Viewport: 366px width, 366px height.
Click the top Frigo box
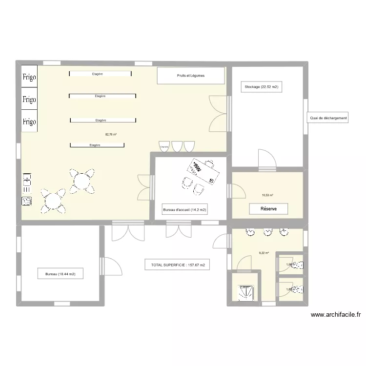[x=29, y=77]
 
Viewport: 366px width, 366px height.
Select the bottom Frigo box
[x=29, y=122]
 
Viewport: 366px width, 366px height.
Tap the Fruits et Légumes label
[x=191, y=76]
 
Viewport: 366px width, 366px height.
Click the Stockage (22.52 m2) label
[x=261, y=87]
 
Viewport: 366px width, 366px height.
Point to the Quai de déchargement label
[x=328, y=118]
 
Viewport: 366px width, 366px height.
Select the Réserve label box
[x=268, y=209]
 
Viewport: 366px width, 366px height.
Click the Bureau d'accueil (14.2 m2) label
[x=184, y=210]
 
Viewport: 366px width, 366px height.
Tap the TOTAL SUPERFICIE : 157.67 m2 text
[x=177, y=265]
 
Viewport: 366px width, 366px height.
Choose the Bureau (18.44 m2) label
[x=61, y=274]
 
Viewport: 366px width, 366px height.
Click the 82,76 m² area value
[x=111, y=134]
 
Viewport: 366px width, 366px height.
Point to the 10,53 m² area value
[x=267, y=195]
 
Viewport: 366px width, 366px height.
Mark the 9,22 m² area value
[x=264, y=253]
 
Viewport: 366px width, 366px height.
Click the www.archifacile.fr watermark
[x=335, y=315]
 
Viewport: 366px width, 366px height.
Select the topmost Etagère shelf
[x=100, y=74]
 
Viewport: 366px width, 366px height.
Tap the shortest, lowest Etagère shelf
[x=97, y=145]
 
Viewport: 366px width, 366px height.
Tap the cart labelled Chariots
[x=164, y=145]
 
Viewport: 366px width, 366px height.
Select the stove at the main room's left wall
[x=27, y=201]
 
